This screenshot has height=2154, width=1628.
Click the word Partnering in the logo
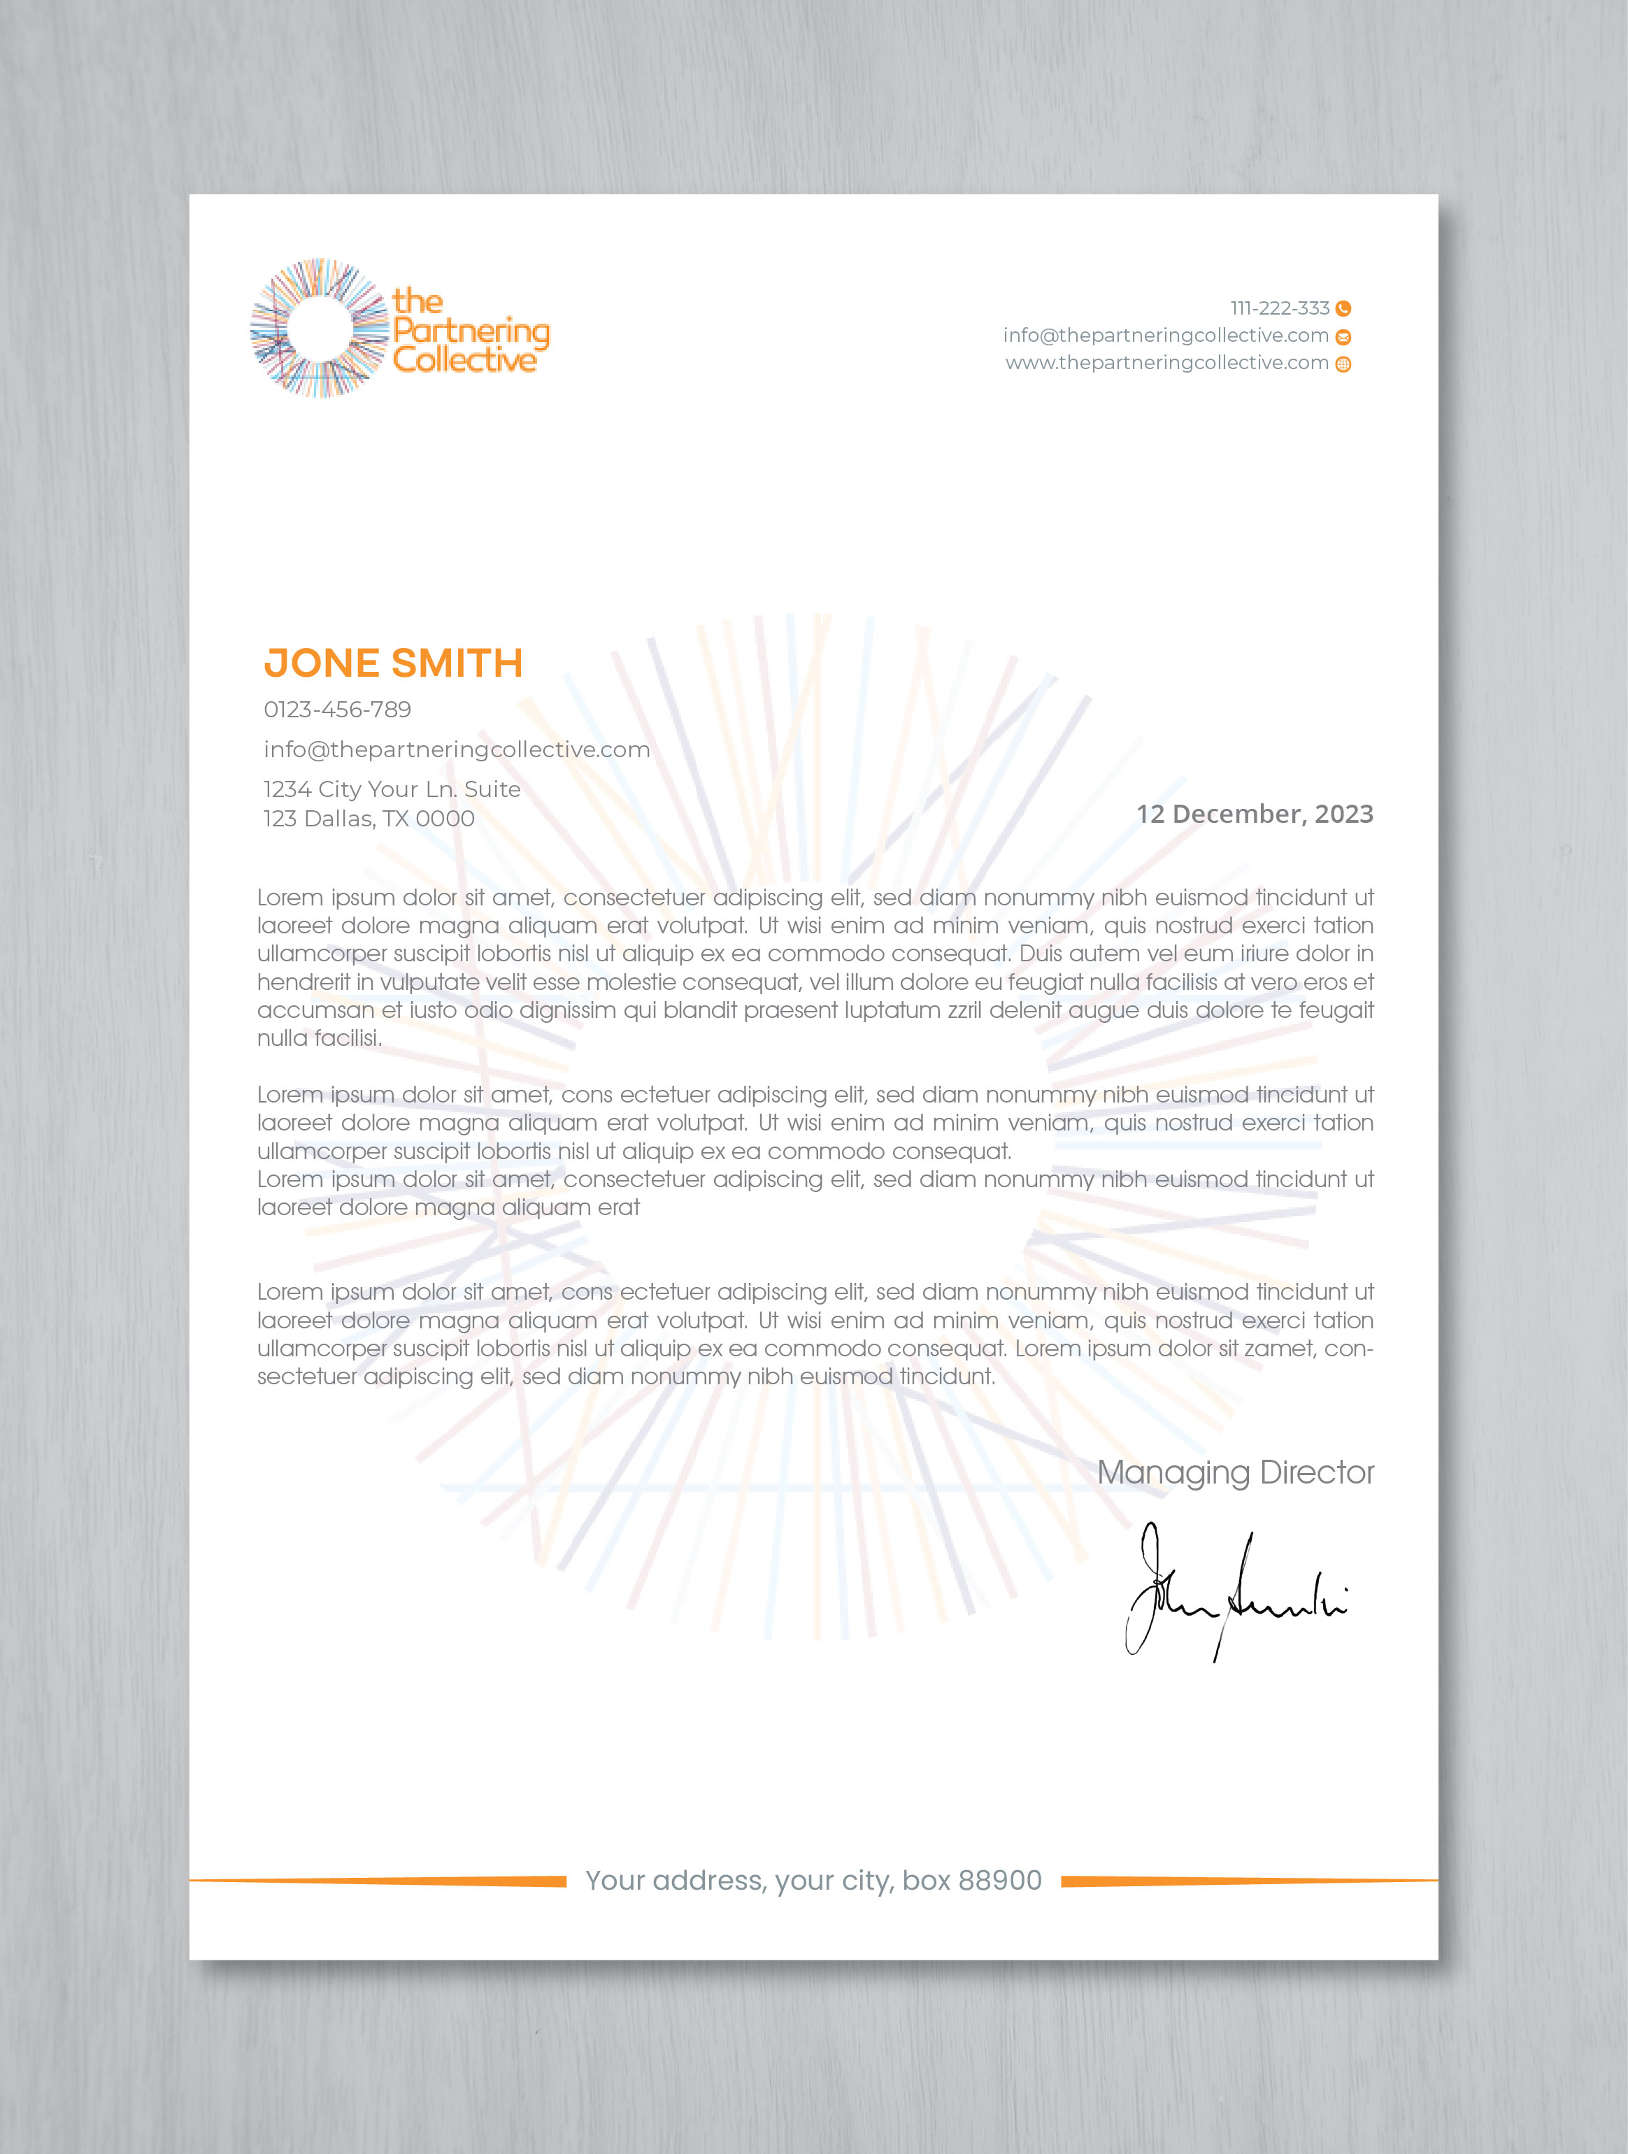471,331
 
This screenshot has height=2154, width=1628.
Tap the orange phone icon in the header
1343,309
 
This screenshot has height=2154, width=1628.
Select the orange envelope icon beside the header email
1343,337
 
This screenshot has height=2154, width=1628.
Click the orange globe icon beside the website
1343,364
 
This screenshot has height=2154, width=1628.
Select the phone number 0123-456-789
337,710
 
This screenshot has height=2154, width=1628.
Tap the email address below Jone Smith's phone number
456,749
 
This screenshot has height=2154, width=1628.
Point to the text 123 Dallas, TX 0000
369,819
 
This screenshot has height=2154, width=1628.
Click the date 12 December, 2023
1254,814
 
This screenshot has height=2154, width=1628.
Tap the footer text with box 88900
813,1881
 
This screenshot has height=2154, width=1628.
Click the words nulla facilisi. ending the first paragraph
320,1038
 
